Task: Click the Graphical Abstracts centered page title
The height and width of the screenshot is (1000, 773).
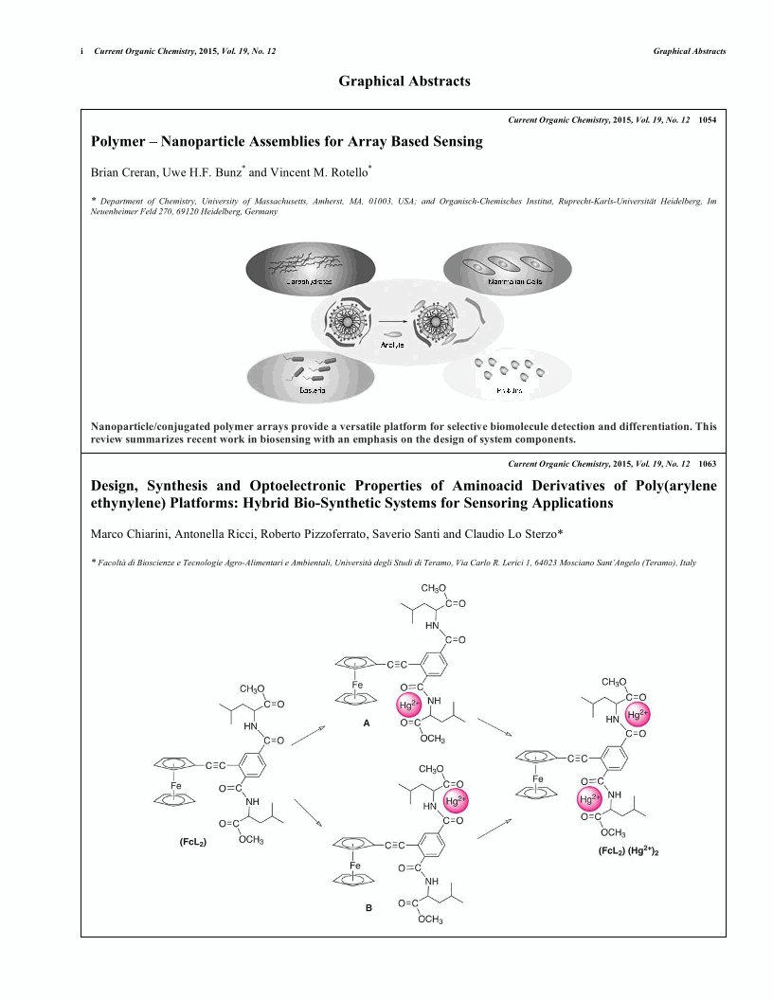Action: click(404, 81)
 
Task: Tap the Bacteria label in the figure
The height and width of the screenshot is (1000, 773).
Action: click(286, 389)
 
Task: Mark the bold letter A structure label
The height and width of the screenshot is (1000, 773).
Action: click(367, 723)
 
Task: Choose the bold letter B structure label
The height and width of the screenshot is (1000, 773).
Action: click(369, 908)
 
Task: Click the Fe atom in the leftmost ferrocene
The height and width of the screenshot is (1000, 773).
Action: click(175, 785)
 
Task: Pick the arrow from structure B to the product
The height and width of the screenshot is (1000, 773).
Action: click(494, 826)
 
